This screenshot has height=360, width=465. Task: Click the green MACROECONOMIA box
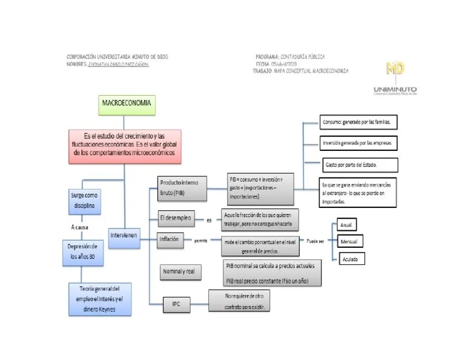click(127, 104)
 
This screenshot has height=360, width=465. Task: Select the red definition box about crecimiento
click(124, 145)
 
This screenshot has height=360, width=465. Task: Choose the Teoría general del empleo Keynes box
click(100, 299)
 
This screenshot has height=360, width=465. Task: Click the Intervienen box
click(125, 234)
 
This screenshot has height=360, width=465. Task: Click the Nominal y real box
click(179, 272)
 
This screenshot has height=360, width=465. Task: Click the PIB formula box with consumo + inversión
click(260, 188)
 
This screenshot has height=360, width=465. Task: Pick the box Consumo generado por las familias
click(358, 122)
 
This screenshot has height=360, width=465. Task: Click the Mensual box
click(349, 242)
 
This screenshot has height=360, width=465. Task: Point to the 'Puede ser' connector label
click(315, 241)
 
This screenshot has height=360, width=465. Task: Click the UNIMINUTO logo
click(395, 76)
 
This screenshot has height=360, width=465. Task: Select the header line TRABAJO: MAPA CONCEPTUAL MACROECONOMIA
click(300, 71)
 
